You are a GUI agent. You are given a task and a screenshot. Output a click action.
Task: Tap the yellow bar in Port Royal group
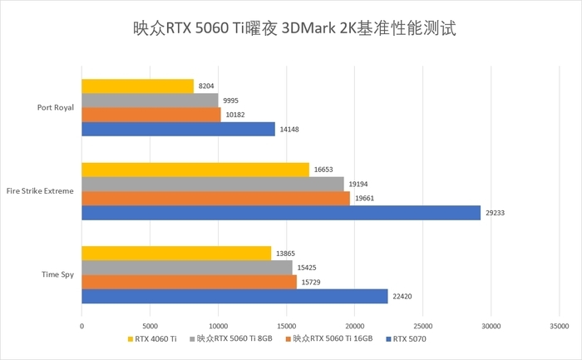pyautogui.click(x=137, y=86)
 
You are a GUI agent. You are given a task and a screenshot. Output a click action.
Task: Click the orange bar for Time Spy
pyautogui.click(x=189, y=282)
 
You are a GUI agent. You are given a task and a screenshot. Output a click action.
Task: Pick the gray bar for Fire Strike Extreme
pyautogui.click(x=212, y=184)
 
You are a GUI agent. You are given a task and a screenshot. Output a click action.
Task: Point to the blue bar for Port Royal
pyautogui.click(x=178, y=129)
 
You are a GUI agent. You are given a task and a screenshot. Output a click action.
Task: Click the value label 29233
pyautogui.click(x=495, y=213)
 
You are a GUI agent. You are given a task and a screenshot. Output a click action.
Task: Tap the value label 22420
pyautogui.click(x=402, y=297)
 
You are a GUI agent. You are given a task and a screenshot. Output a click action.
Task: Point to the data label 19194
pyautogui.click(x=358, y=184)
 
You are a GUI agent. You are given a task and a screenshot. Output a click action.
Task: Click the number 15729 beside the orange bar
pyautogui.click(x=311, y=283)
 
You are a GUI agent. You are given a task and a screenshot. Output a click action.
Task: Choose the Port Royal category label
pyautogui.click(x=56, y=107)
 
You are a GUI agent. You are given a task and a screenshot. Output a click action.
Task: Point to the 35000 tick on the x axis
pyautogui.click(x=559, y=326)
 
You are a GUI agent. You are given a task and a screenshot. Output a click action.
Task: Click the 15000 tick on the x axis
pyautogui.click(x=286, y=326)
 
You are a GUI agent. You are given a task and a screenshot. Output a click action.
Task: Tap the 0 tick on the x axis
pyautogui.click(x=81, y=326)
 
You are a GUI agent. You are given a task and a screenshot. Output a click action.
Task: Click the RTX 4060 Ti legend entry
pyautogui.click(x=153, y=339)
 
